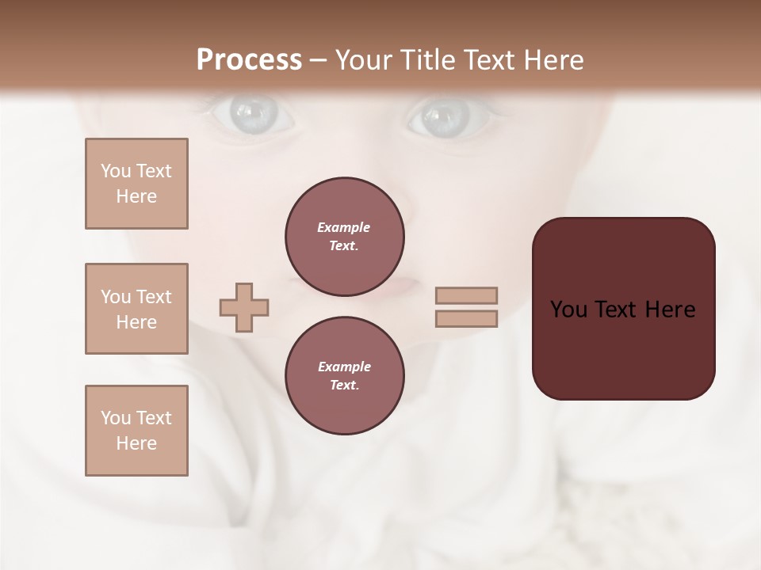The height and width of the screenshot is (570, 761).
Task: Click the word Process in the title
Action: coord(249,60)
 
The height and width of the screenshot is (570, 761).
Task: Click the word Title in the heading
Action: coord(423,60)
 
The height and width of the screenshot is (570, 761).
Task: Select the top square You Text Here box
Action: coord(136,184)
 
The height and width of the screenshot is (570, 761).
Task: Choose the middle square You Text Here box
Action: coord(136,309)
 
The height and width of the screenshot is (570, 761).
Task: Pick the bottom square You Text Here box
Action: coord(136,431)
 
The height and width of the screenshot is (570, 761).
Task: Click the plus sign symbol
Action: coord(244,307)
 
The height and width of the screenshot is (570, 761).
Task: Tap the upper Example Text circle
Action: coord(345,237)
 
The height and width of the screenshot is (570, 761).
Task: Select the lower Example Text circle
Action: coord(345,376)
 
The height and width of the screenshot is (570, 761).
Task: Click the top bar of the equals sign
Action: coord(466,295)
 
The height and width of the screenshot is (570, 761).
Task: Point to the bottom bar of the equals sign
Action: coord(466,319)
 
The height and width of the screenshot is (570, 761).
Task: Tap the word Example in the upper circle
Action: coord(344,227)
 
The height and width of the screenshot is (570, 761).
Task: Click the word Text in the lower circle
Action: coord(344,385)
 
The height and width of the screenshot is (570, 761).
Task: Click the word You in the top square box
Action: coord(115,171)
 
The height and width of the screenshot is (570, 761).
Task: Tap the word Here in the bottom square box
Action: coord(136,443)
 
